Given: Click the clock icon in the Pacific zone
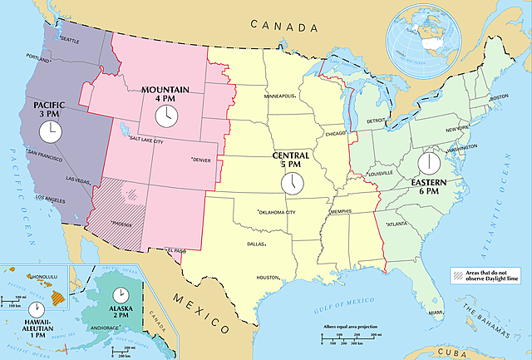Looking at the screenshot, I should [51, 131].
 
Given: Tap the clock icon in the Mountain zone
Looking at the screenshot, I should [167, 113].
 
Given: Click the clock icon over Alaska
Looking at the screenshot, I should [121, 293].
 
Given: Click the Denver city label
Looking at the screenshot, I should [202, 160].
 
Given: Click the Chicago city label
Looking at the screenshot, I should [335, 133].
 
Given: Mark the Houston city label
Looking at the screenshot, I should [268, 278].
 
